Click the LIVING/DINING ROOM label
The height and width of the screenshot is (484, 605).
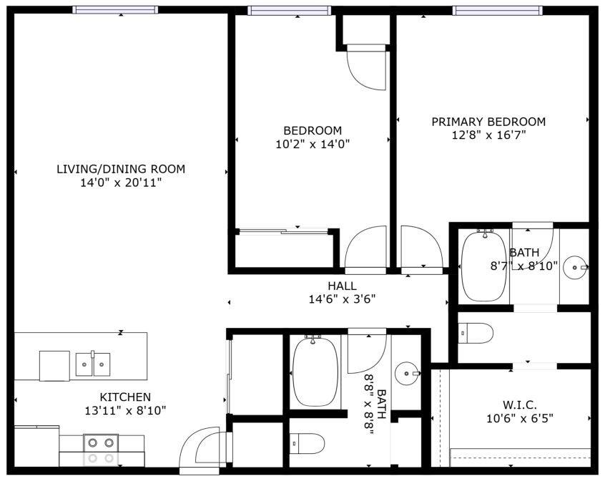click(120, 170)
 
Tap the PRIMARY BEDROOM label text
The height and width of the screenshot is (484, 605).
click(488, 122)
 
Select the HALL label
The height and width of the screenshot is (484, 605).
click(343, 286)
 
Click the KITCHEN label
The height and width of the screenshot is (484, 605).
click(124, 397)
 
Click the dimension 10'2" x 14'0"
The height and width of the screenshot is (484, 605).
click(313, 144)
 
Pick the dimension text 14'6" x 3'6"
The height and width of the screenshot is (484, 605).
click(343, 299)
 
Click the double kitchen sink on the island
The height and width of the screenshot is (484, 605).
click(93, 364)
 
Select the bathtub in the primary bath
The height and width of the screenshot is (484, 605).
click(485, 266)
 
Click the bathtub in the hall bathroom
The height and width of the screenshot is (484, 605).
click(315, 372)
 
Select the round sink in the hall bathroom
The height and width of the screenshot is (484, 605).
click(408, 372)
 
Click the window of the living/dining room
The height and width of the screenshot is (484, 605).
click(114, 10)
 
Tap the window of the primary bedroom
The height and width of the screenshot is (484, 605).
click(497, 10)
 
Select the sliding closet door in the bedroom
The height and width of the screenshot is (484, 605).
click(282, 231)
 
